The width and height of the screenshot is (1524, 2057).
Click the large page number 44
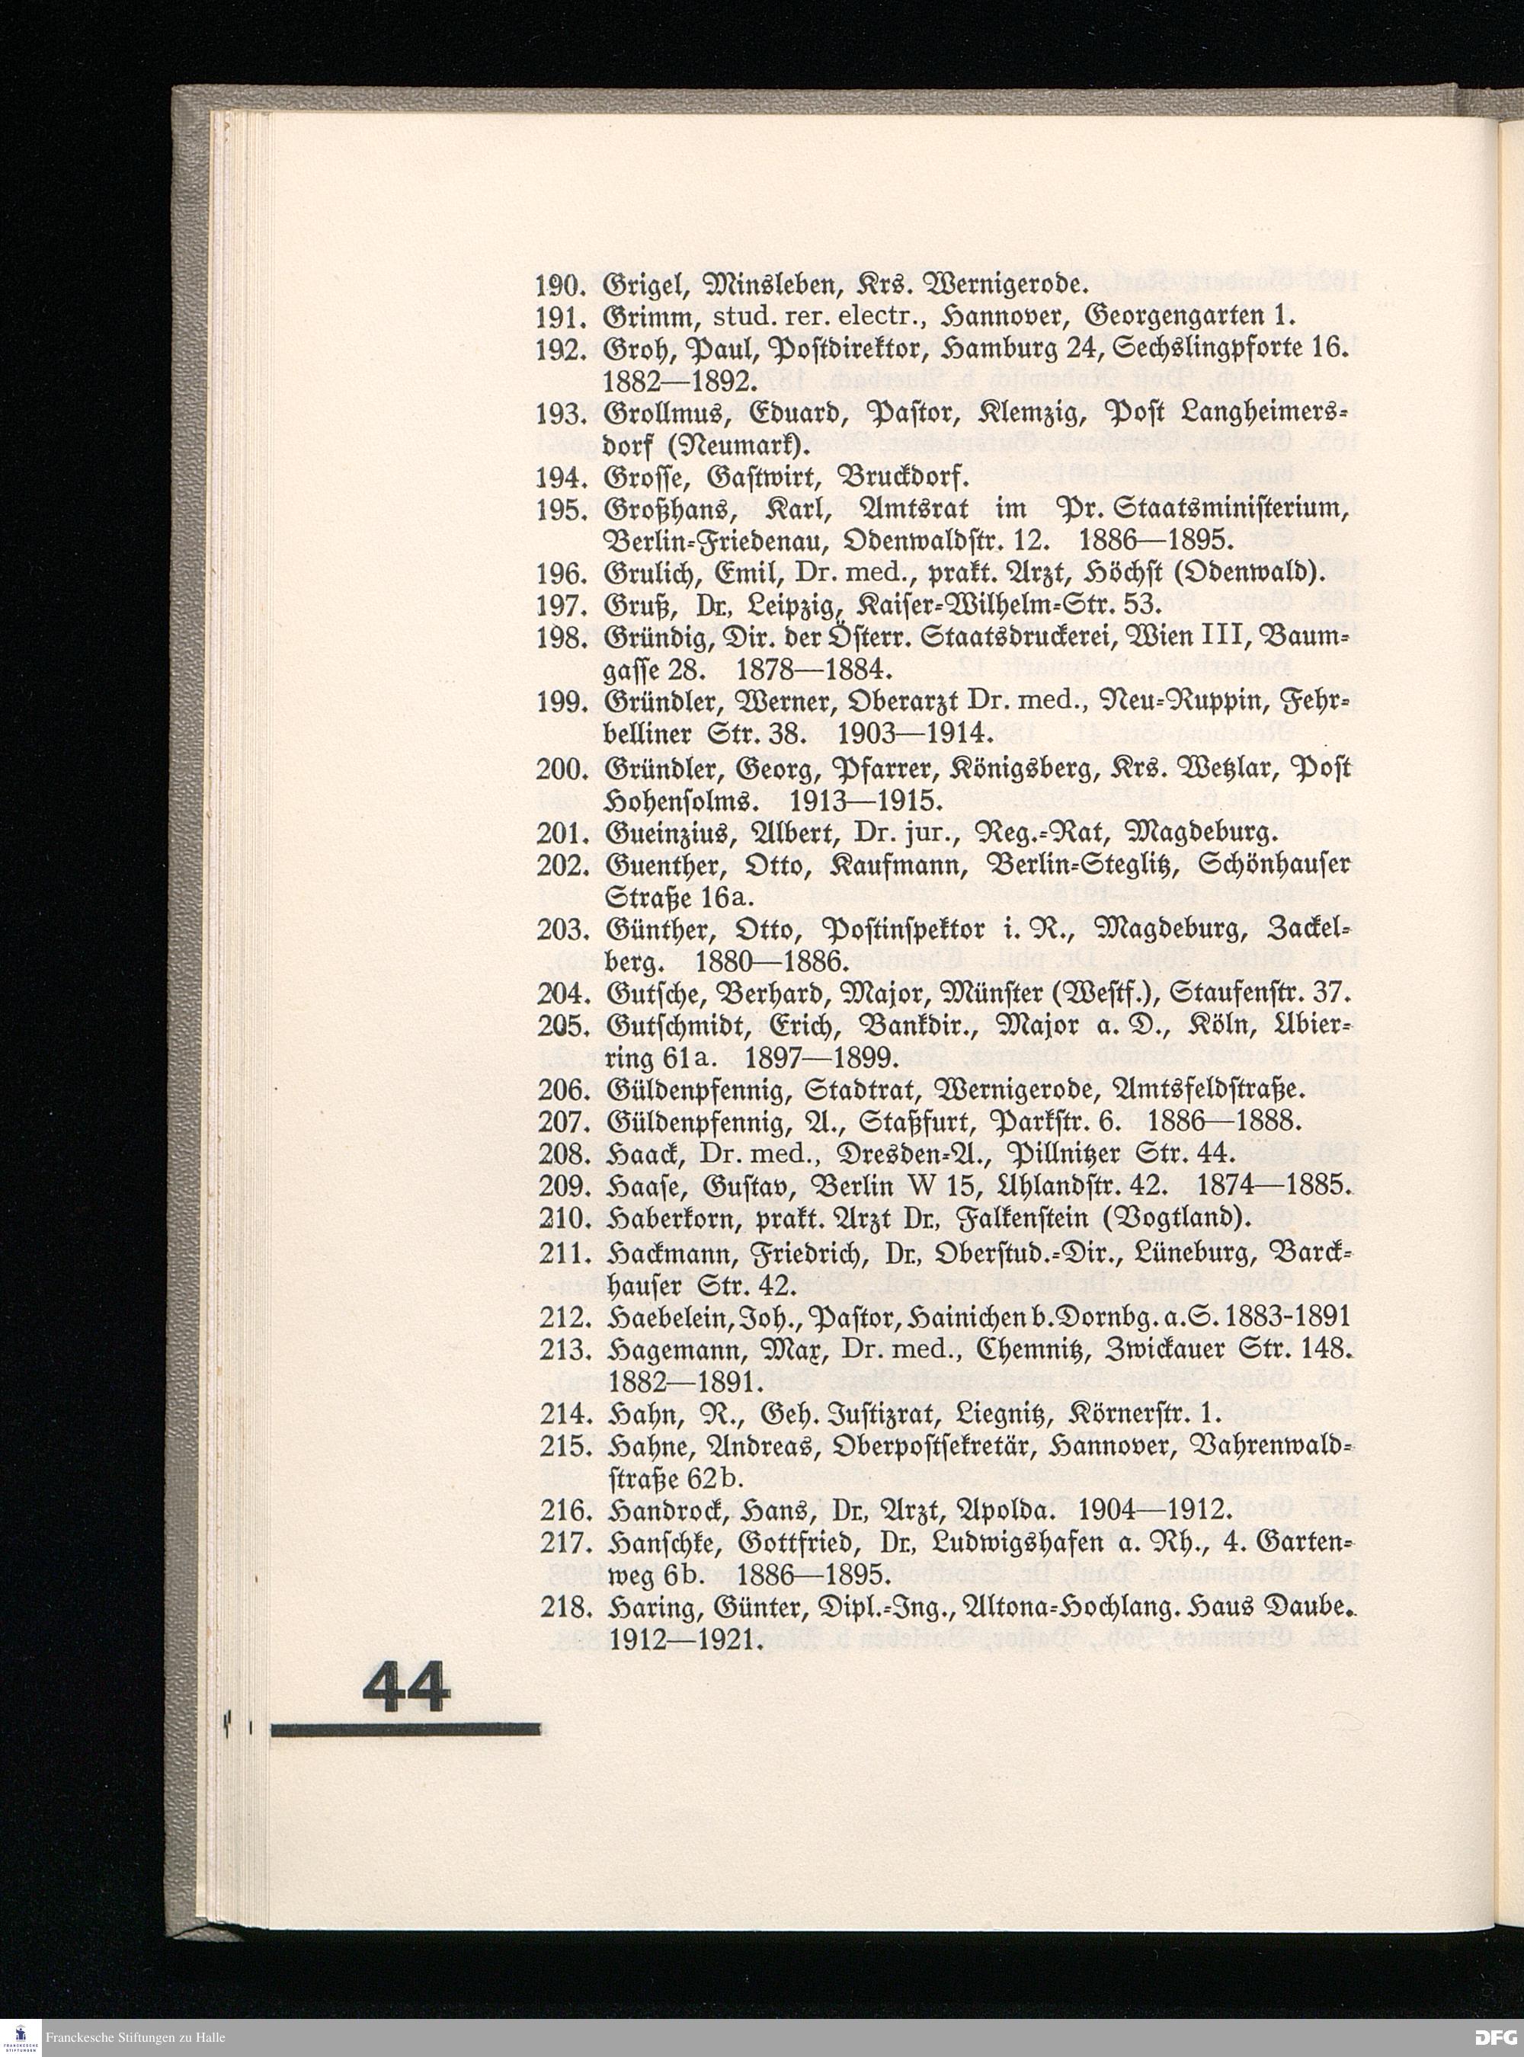point(407,1686)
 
